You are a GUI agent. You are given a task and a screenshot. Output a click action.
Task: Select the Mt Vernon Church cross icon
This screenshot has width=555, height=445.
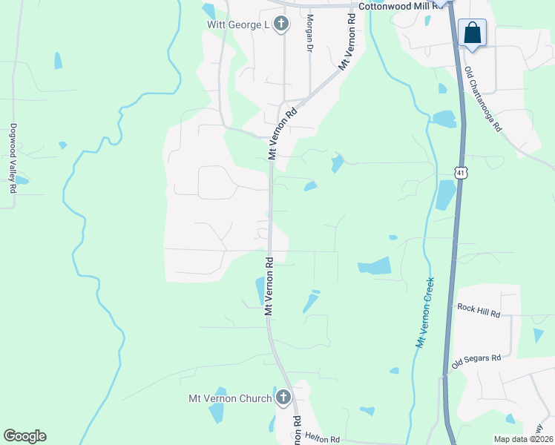[x=282, y=398]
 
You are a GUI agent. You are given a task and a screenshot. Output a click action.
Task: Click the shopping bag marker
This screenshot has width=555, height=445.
[x=472, y=33]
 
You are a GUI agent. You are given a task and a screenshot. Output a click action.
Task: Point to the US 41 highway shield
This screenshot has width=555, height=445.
[x=461, y=173]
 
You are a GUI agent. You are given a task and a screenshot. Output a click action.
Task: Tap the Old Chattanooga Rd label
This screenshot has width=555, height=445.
[x=483, y=99]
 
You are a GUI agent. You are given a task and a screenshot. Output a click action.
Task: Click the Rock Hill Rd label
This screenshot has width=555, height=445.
[x=479, y=310]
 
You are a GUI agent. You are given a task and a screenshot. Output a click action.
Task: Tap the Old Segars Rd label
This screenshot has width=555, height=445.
[x=476, y=361]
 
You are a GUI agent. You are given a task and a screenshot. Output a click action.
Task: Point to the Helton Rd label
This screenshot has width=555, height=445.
[x=321, y=438]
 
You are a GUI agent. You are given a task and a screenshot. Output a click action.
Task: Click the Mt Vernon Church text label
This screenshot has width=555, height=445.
[x=230, y=399]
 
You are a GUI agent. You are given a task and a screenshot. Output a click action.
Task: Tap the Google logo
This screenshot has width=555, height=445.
[x=24, y=436]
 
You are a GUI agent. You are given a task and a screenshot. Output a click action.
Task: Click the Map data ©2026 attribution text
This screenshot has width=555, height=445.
[x=523, y=439]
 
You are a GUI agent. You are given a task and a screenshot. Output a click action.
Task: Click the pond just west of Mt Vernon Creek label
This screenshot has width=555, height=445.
[x=374, y=266]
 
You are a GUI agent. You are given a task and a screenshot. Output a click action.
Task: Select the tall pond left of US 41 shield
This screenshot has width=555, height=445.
[x=446, y=194]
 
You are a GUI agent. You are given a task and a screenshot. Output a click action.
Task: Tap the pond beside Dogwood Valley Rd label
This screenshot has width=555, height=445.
[x=22, y=180]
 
